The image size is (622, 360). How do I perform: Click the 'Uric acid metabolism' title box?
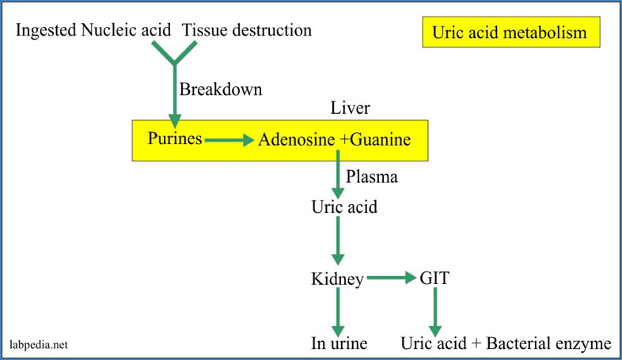(x=510, y=32)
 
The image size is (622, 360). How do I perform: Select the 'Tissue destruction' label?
(x=247, y=30)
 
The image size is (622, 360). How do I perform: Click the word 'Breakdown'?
(x=220, y=89)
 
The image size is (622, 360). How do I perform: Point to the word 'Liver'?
(x=350, y=108)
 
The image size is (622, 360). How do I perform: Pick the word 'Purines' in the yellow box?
(x=175, y=139)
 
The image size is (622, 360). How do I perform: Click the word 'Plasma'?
(x=372, y=177)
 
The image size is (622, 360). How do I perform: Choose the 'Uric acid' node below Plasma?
(x=343, y=207)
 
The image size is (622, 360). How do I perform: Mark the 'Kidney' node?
(x=338, y=279)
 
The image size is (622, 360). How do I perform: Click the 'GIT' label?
(x=434, y=279)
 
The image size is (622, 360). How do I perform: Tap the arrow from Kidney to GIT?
(x=391, y=279)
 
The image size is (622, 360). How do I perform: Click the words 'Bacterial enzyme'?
(x=550, y=344)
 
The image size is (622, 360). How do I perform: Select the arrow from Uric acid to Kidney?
(x=338, y=241)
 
